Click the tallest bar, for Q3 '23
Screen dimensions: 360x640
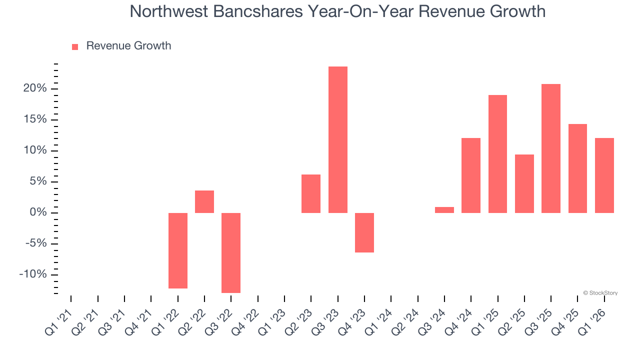[x=337, y=139]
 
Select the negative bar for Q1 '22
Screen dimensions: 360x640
[x=177, y=250]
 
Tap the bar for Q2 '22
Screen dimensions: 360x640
[x=204, y=201]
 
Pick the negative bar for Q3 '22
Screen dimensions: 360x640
[x=231, y=252]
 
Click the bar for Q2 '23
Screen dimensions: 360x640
[x=311, y=193]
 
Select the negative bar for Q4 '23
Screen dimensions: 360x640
[x=364, y=232]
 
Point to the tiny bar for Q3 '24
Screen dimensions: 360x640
[x=444, y=210]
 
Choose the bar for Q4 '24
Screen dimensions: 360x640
[x=471, y=175]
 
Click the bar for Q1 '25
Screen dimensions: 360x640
[x=497, y=154]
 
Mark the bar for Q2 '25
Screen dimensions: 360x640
[x=524, y=183]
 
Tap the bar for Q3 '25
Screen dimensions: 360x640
[x=551, y=148]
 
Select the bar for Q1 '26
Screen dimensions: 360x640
[x=604, y=175]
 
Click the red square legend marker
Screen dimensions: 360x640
[x=75, y=46]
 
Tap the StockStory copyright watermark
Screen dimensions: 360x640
[x=600, y=293]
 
